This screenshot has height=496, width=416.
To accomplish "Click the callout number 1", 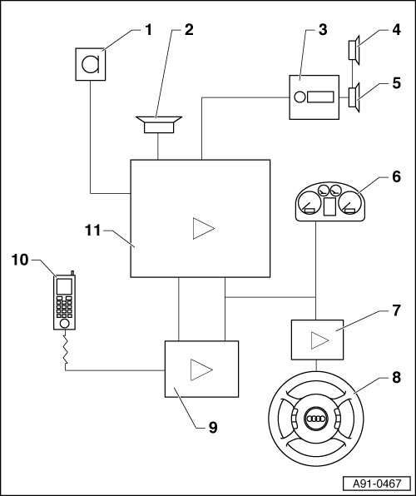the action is pyautogui.click(x=148, y=30).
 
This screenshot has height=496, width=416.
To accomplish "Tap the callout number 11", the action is pyautogui.click(x=92, y=231).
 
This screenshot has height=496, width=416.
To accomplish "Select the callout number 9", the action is pyautogui.click(x=213, y=428).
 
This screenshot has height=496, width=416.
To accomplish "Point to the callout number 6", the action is pyautogui.click(x=396, y=176).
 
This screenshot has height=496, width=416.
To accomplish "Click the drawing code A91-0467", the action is pyautogui.click(x=377, y=484).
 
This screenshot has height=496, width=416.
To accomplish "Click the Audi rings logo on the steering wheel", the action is pyautogui.click(x=316, y=419).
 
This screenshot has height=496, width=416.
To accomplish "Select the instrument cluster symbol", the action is pyautogui.click(x=329, y=202).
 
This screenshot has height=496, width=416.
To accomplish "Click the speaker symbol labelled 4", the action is pyautogui.click(x=354, y=50).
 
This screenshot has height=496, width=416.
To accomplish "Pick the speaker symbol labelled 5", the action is pyautogui.click(x=354, y=97).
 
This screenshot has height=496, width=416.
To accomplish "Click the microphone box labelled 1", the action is pyautogui.click(x=91, y=64).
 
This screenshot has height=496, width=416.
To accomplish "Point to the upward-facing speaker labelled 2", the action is pyautogui.click(x=159, y=125).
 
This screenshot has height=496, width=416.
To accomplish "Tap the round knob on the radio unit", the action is pyautogui.click(x=300, y=97).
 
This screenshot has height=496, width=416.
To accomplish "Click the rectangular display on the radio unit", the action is pyautogui.click(x=320, y=97).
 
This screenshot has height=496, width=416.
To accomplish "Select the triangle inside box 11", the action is pyautogui.click(x=204, y=228).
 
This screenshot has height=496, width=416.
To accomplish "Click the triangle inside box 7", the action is pyautogui.click(x=319, y=340).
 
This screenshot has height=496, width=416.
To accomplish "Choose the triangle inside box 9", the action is pyautogui.click(x=201, y=370).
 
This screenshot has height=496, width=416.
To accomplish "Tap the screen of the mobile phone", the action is pyautogui.click(x=64, y=286).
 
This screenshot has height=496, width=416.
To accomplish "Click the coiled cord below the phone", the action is pyautogui.click(x=66, y=350).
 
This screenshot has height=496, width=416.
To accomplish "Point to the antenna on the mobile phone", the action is pyautogui.click(x=72, y=273).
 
